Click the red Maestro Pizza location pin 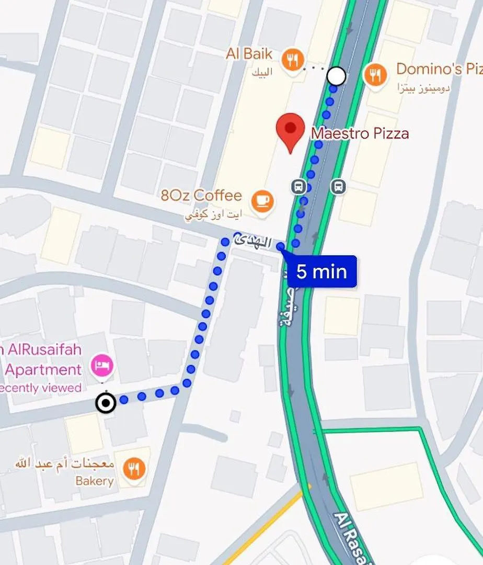pyautogui.click(x=290, y=129)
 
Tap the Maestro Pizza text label pyautogui.click(x=360, y=134)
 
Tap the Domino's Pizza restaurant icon pyautogui.click(x=375, y=74)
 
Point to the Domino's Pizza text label pyautogui.click(x=439, y=69)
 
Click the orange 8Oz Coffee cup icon pyautogui.click(x=262, y=200)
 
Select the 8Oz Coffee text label pyautogui.click(x=201, y=196)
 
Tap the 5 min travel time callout pyautogui.click(x=321, y=272)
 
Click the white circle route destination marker pyautogui.click(x=336, y=76)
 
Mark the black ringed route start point pyautogui.click(x=106, y=403)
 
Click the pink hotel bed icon pyautogui.click(x=102, y=365)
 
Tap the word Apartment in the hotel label pyautogui.click(x=43, y=370)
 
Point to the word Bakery pyautogui.click(x=95, y=481)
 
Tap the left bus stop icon pyautogui.click(x=298, y=186)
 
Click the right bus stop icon pyautogui.click(x=338, y=186)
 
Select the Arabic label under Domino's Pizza pyautogui.click(x=423, y=86)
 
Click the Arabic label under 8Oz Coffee pyautogui.click(x=214, y=214)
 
